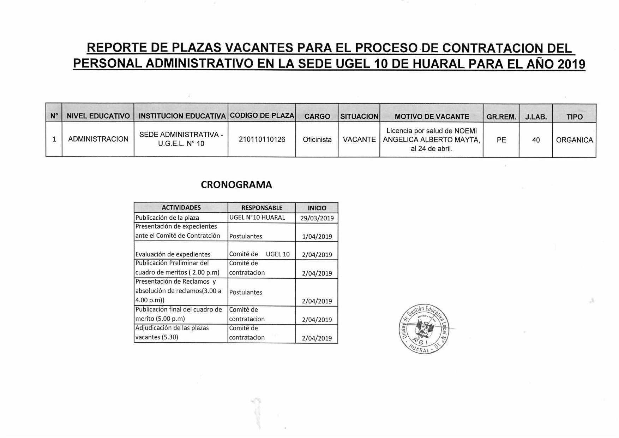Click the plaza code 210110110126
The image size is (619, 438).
pyautogui.click(x=262, y=140)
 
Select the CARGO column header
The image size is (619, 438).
pyautogui.click(x=317, y=117)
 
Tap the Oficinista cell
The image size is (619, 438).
pyautogui.click(x=317, y=140)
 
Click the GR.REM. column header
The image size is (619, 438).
pyautogui.click(x=501, y=117)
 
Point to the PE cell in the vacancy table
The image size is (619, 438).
pyautogui.click(x=501, y=140)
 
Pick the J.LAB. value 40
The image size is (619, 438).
pyautogui.click(x=536, y=140)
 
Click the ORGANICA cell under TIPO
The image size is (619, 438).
pyautogui.click(x=574, y=140)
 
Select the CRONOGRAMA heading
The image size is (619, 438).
pyautogui.click(x=236, y=185)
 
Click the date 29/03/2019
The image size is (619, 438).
pyautogui.click(x=317, y=218)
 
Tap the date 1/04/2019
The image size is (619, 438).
pyautogui.click(x=317, y=236)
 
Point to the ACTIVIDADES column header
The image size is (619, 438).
pyautogui.click(x=181, y=208)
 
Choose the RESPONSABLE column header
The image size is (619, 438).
pyautogui.click(x=262, y=208)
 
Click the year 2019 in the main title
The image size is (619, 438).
pyautogui.click(x=571, y=64)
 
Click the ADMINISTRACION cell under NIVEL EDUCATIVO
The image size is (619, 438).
pyautogui.click(x=98, y=139)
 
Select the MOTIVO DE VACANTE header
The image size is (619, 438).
pyautogui.click(x=432, y=117)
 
